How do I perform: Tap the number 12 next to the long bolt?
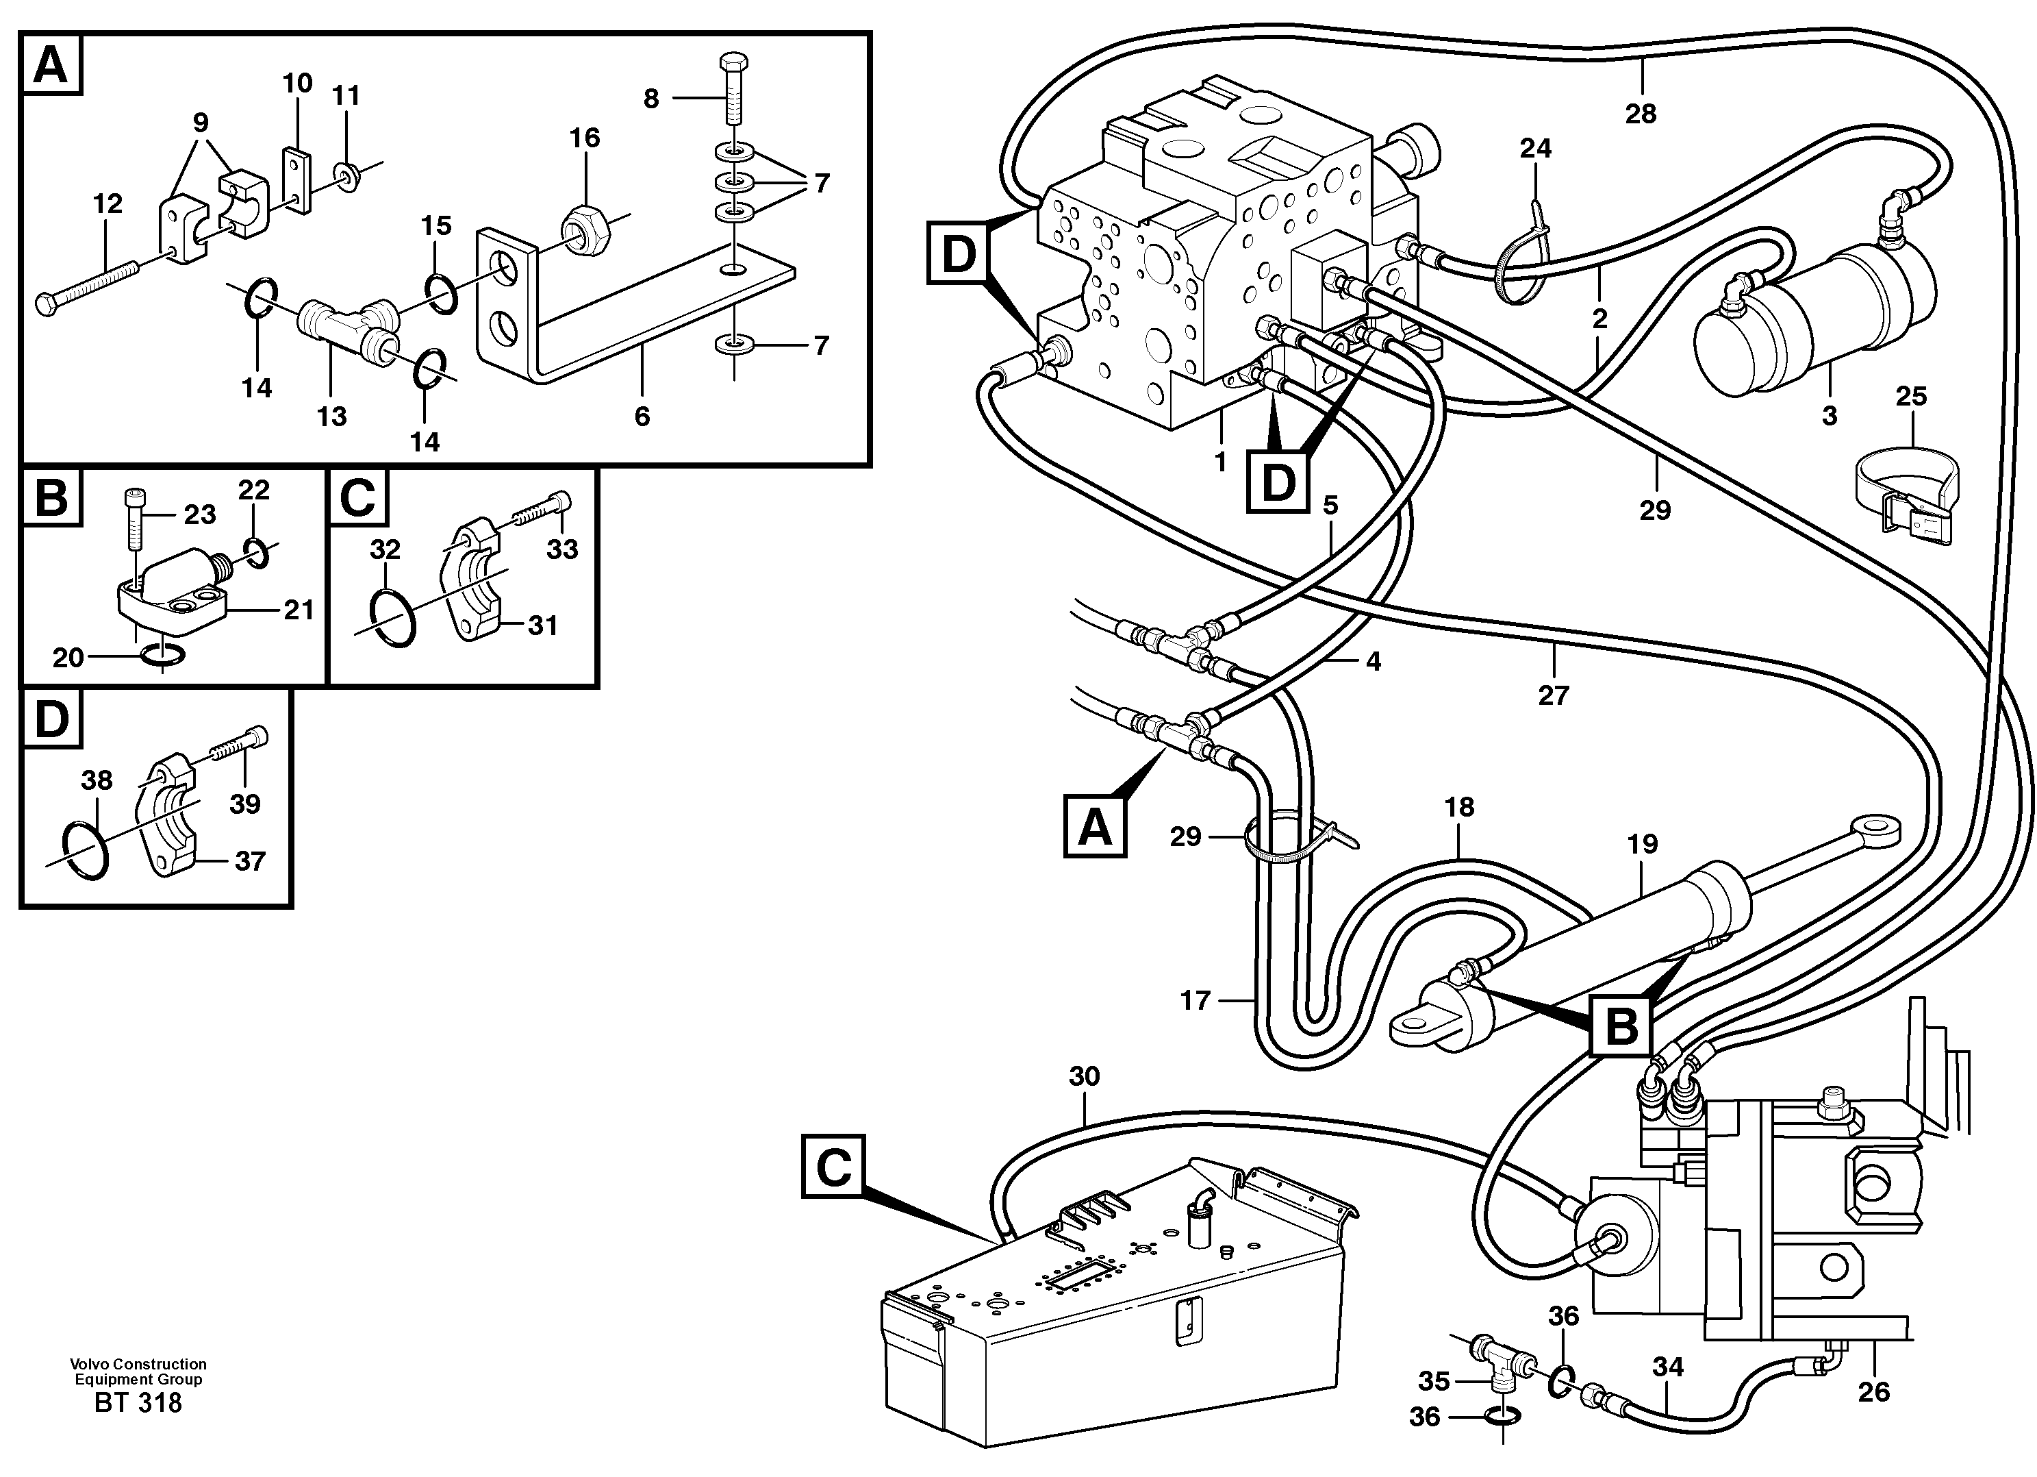107,204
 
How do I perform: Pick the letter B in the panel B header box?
51,497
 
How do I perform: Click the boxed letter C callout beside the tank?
833,1167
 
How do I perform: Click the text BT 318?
138,1403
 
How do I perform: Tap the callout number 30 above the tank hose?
1084,1076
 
